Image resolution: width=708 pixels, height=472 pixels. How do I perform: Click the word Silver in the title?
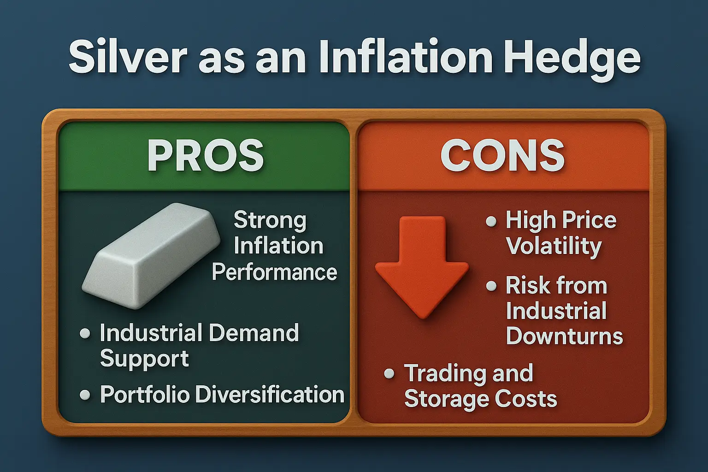(128, 57)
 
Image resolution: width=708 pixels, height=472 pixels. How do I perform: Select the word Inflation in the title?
(406, 57)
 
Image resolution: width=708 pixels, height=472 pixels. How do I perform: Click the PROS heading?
(206, 155)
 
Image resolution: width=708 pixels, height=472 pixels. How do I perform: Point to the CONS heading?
(502, 155)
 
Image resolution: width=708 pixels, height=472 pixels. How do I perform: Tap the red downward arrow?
(422, 267)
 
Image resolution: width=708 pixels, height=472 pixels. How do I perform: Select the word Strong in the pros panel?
(270, 221)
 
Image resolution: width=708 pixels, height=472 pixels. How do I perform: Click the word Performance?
(274, 272)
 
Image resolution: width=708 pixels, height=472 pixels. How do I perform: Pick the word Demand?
(254, 333)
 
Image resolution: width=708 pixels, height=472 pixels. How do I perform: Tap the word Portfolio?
(145, 395)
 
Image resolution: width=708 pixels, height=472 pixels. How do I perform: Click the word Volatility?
(554, 247)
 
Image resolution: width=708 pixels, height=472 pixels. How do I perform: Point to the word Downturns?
(565, 336)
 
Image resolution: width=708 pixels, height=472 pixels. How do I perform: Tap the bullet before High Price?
(491, 221)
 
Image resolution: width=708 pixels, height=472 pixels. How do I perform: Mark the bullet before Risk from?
(491, 286)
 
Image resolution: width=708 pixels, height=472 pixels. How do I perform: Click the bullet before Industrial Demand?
(85, 333)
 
